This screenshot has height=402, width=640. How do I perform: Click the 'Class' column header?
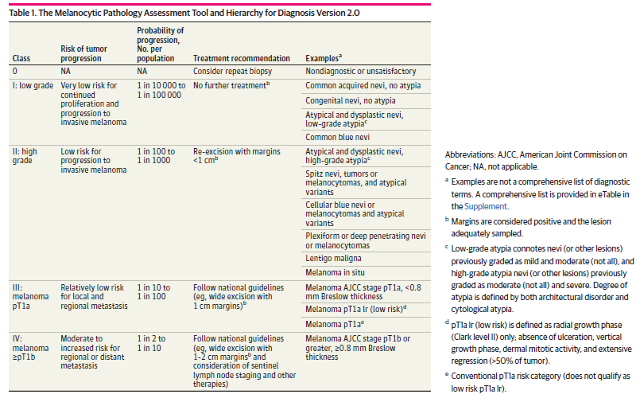[x=21, y=58]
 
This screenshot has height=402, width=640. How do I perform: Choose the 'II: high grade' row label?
[x=25, y=154]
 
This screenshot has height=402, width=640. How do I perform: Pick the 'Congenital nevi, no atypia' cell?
[x=351, y=101]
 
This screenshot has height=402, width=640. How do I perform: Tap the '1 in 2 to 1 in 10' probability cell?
[x=154, y=342]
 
